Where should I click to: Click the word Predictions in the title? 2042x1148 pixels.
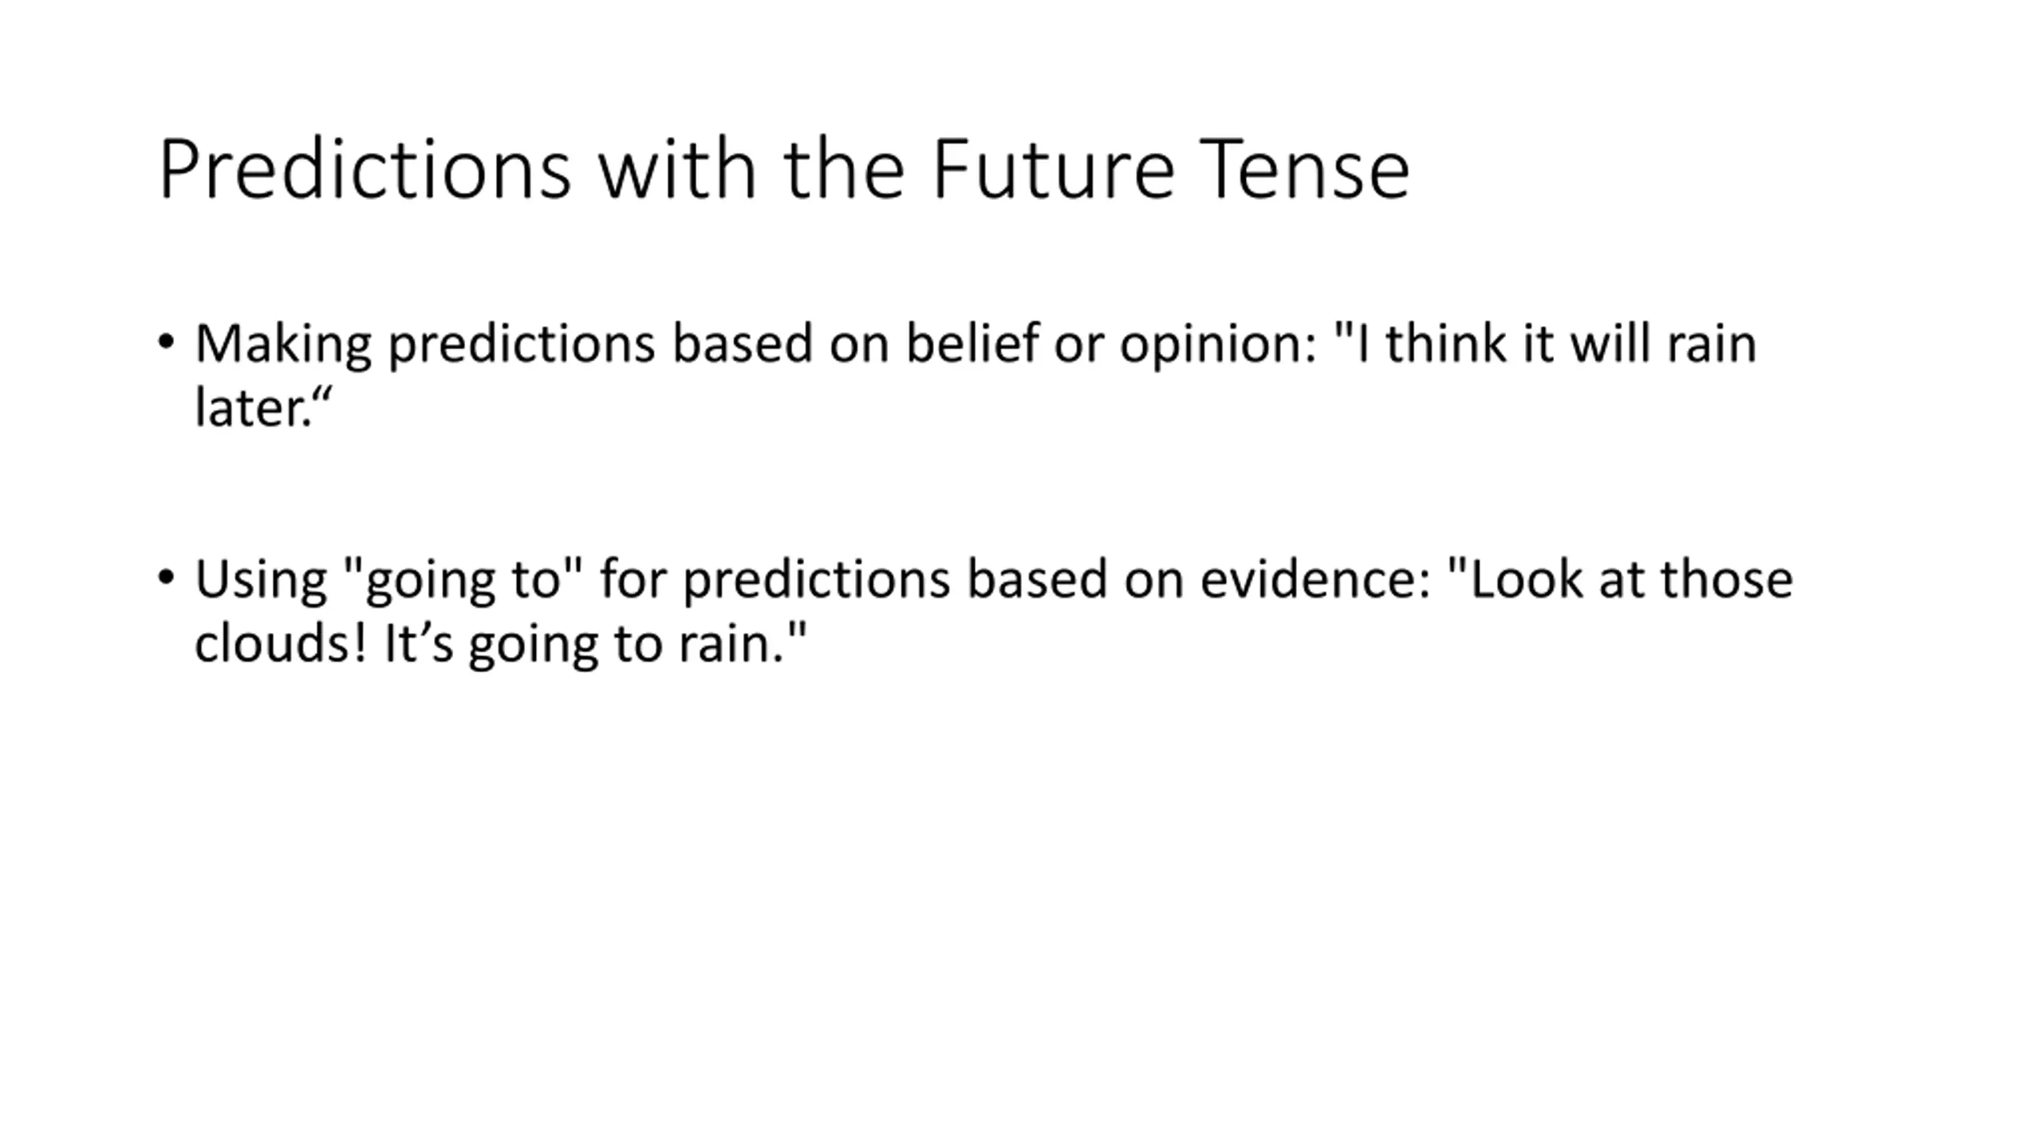tap(365, 169)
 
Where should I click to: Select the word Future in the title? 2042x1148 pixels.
tap(1053, 169)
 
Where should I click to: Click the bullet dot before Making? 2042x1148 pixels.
tap(166, 342)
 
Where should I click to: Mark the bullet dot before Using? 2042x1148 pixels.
tap(166, 577)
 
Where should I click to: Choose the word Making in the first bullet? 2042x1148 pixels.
tap(283, 345)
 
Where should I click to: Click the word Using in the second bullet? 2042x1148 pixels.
tap(261, 580)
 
